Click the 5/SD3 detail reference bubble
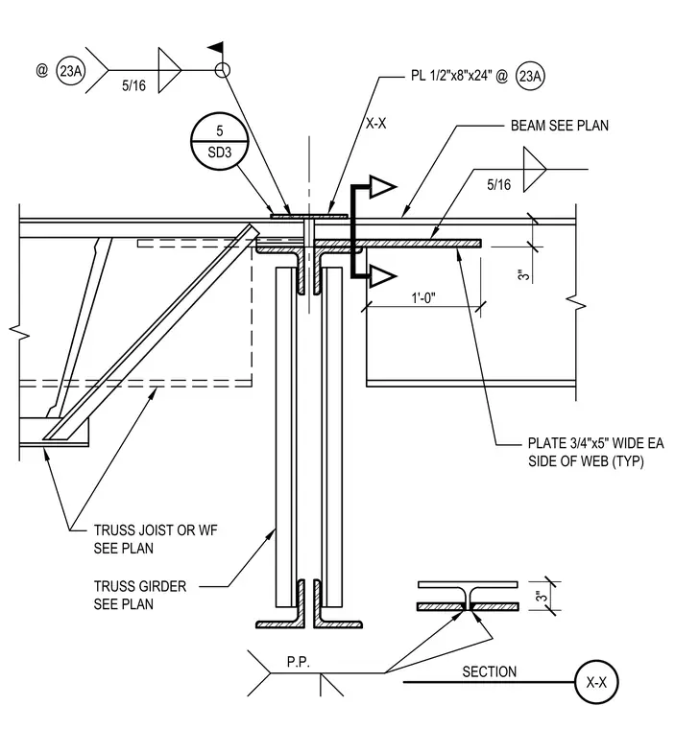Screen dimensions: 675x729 (x=220, y=141)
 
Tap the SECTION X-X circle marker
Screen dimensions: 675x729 (x=596, y=682)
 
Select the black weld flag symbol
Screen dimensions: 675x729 (x=215, y=47)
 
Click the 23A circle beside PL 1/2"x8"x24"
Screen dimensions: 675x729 (x=530, y=76)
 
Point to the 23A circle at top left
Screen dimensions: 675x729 (x=71, y=71)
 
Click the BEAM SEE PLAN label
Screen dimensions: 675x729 (x=560, y=126)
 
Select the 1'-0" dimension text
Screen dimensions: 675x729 (x=423, y=298)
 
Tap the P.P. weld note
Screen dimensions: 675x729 (x=299, y=662)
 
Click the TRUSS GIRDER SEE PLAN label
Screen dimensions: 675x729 (x=139, y=595)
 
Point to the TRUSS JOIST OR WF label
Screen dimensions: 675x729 (x=156, y=530)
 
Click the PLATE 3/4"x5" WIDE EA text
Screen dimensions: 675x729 (x=596, y=443)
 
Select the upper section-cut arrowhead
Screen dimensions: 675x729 (x=383, y=187)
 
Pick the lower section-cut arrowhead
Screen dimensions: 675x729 (x=383, y=276)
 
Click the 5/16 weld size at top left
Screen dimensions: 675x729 (x=133, y=85)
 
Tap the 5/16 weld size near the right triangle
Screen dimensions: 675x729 (x=498, y=185)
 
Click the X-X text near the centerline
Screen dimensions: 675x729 (x=376, y=124)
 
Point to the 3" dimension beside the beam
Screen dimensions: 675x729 (x=523, y=274)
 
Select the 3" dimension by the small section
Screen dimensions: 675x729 (x=541, y=596)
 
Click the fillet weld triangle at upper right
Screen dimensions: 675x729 (x=535, y=169)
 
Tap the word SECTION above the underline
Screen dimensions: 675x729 (x=490, y=671)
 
